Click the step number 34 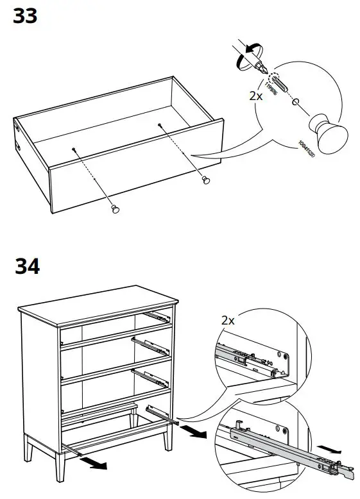pos(26,265)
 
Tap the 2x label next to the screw pos(255,96)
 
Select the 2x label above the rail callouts pos(228,319)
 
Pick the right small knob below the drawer pos(206,180)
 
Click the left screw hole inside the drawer pos(75,149)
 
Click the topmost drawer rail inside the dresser pos(157,316)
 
